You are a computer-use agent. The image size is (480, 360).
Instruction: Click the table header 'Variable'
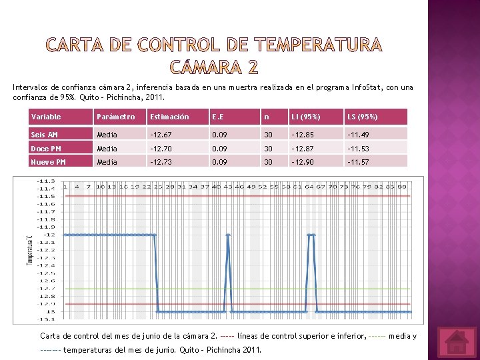pyautogui.click(x=46, y=117)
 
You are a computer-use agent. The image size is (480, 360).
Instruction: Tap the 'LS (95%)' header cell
pyautogui.click(x=363, y=117)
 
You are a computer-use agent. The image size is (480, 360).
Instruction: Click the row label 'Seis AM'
pyautogui.click(x=44, y=135)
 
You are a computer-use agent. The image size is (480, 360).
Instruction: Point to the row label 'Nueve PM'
pyautogui.click(x=48, y=162)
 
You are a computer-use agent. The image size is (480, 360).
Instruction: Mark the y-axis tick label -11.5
pyautogui.click(x=46, y=196)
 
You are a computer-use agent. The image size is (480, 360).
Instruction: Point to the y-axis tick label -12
pyautogui.click(x=49, y=235)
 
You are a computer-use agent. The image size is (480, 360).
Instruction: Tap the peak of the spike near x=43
pyautogui.click(x=228, y=235)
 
